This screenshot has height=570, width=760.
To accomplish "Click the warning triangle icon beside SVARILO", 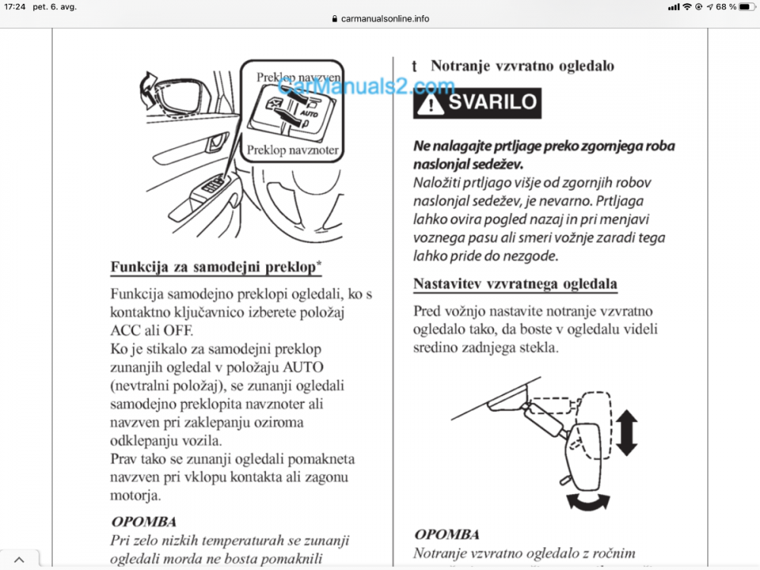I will pos(431,103).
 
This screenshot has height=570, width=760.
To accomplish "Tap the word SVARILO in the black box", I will pos(492,103).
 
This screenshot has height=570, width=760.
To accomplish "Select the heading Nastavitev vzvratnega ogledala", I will pos(515,284).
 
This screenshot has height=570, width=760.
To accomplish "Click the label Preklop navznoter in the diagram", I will pos(293,150).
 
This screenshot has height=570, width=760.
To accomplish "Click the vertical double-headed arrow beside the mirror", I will pos(626,430).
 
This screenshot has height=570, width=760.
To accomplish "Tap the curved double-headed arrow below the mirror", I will pos(588,501).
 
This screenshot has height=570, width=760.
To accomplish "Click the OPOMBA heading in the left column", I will pos(144,522).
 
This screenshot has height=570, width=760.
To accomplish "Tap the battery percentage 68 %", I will pos(725,7).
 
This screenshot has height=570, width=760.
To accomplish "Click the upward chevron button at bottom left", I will pos(19,559).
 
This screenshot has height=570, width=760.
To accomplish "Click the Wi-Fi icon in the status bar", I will pos(687,7).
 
